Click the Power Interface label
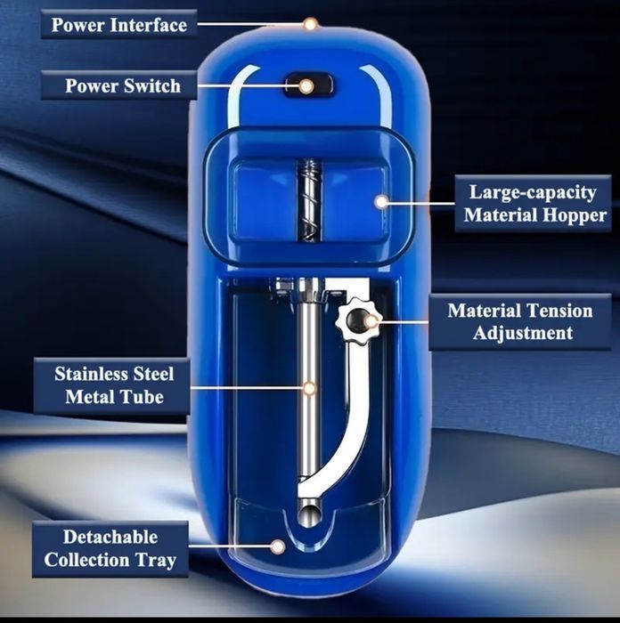click(x=118, y=24)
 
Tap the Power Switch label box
click(x=122, y=86)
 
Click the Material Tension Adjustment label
click(x=519, y=322)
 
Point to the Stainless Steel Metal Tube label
click(x=114, y=384)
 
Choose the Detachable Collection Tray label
click(x=110, y=548)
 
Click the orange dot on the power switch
click(x=306, y=86)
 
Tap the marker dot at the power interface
click(x=310, y=24)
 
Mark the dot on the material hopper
click(x=381, y=202)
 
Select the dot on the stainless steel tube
click(x=309, y=388)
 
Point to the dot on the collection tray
click(x=278, y=546)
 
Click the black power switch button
click(x=307, y=85)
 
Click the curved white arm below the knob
click(x=355, y=418)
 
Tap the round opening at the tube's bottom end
click(x=307, y=513)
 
